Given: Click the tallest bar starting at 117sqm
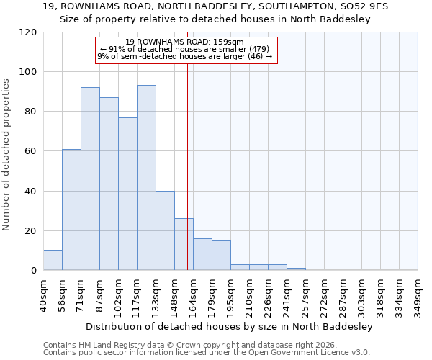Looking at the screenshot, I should tap(146, 178).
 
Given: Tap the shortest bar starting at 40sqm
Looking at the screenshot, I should tap(53, 261).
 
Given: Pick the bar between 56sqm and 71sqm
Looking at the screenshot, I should tap(71, 210).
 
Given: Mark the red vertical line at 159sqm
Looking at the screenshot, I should tap(187, 166).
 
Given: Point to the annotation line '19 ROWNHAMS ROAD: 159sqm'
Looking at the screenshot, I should tap(184, 42).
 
